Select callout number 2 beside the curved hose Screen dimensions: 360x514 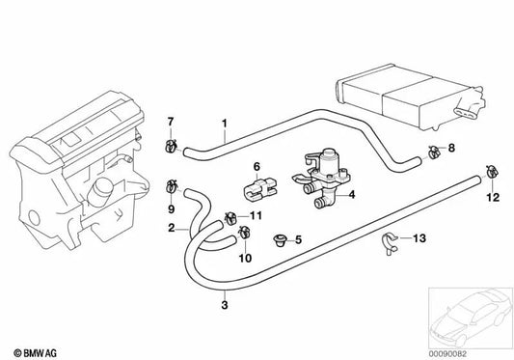[x=171, y=229]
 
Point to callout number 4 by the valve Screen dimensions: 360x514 [x=351, y=195]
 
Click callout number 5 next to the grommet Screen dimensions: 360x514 [x=298, y=240]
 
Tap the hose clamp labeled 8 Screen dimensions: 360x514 [x=434, y=151]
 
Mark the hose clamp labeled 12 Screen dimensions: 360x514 [x=492, y=174]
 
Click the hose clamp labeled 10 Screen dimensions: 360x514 [x=244, y=231]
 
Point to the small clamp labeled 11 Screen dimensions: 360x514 [x=232, y=215]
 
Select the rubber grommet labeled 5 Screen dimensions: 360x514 [x=280, y=239]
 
